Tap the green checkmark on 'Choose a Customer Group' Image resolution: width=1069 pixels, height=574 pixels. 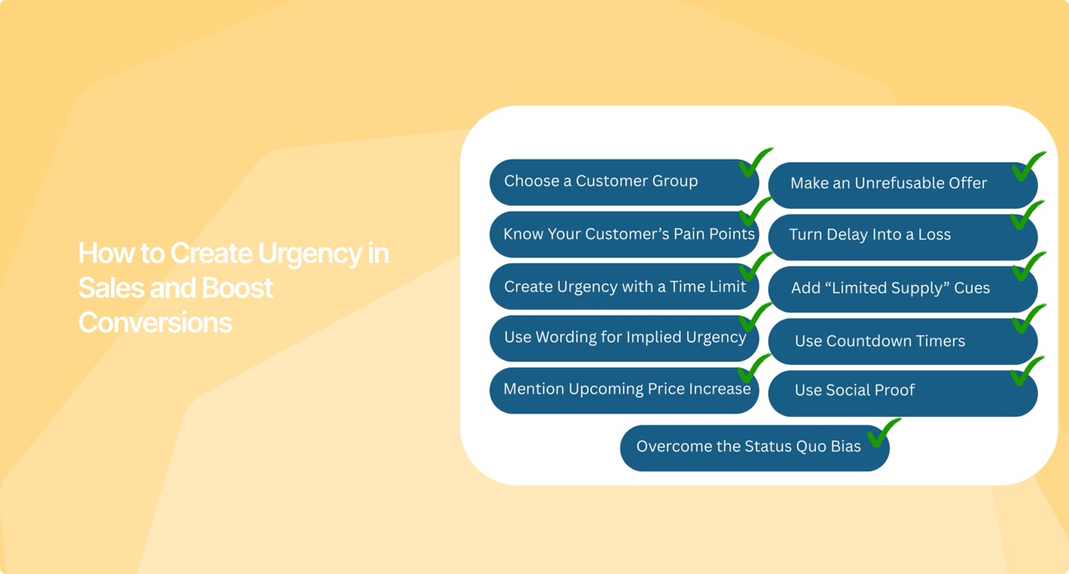[x=755, y=162]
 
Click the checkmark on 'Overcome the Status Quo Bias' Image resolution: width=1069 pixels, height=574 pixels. [x=883, y=433]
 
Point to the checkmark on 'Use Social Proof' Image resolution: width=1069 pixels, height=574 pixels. [x=1026, y=371]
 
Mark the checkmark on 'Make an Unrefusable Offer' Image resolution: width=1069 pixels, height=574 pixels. [x=1027, y=166]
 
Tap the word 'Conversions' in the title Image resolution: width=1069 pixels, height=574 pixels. [x=155, y=323]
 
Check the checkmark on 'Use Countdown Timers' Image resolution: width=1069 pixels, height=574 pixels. [x=1027, y=318]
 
